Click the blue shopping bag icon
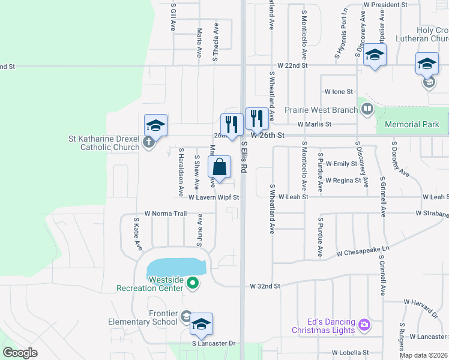coord(220,167)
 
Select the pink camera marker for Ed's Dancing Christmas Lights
coord(364,325)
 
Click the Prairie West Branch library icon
coord(367,109)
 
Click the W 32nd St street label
coord(265,287)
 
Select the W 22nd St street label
coord(292,65)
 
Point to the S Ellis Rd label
coord(244,157)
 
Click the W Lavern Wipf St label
coord(214,197)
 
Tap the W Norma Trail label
coord(166,213)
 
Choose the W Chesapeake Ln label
coord(363,248)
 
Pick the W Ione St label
coord(339,92)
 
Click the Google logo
coord(20,353)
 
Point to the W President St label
coord(385,4)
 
